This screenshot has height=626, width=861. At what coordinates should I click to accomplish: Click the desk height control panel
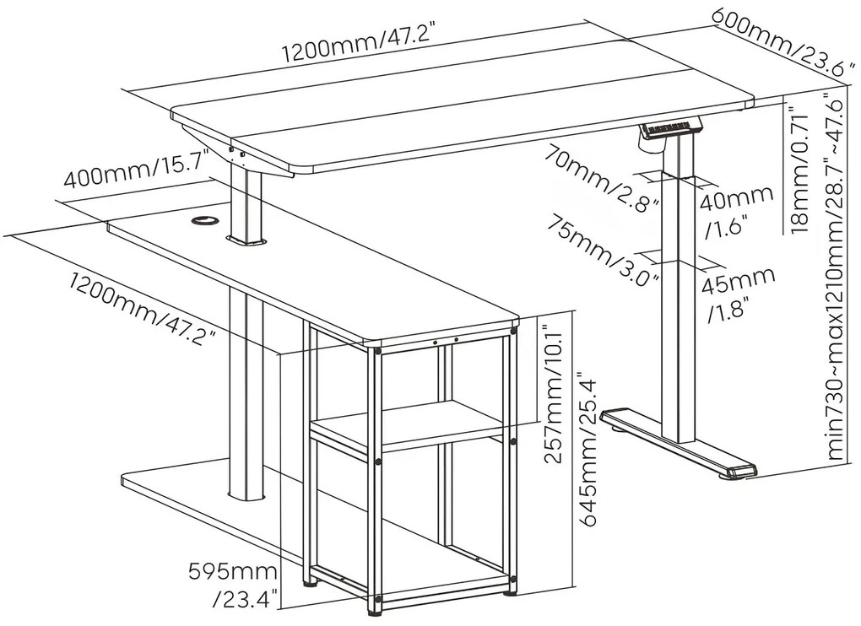point(672,129)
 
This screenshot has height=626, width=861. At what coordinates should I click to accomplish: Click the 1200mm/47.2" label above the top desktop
point(358,48)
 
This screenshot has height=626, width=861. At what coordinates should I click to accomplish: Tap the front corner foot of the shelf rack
point(372,606)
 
